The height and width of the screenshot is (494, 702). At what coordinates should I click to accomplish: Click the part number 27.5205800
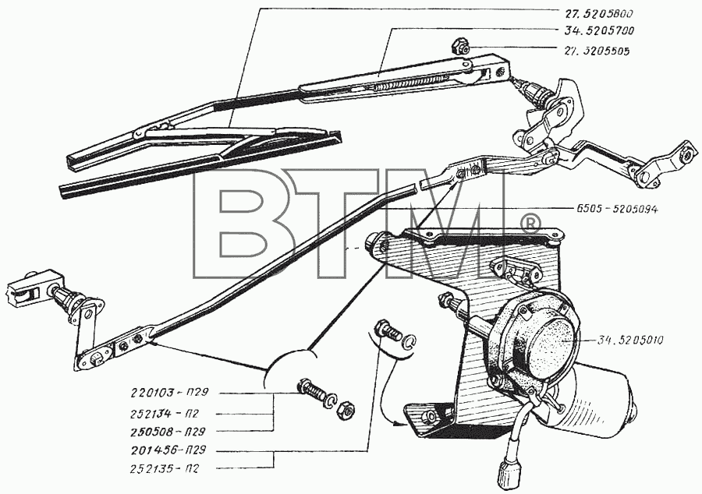coord(600,13)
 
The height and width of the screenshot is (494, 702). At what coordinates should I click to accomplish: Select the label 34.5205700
coord(600,31)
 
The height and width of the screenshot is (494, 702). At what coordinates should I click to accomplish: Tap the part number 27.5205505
coord(597,51)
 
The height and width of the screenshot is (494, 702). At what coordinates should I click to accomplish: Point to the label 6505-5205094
coord(616,209)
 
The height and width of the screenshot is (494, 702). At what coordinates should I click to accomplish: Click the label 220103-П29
coord(169,393)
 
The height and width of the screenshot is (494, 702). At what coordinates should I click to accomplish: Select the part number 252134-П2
coord(165,414)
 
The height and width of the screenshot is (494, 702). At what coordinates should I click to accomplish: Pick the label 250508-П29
coord(168,432)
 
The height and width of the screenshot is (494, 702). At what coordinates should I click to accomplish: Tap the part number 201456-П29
coord(168,450)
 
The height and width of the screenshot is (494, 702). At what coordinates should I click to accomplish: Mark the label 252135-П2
coord(165,469)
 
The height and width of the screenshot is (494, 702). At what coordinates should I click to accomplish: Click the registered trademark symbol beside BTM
coord(531,223)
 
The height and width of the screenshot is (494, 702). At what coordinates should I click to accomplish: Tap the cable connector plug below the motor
coord(510,471)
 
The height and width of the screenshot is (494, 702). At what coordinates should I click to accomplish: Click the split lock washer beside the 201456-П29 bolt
coord(409,341)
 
